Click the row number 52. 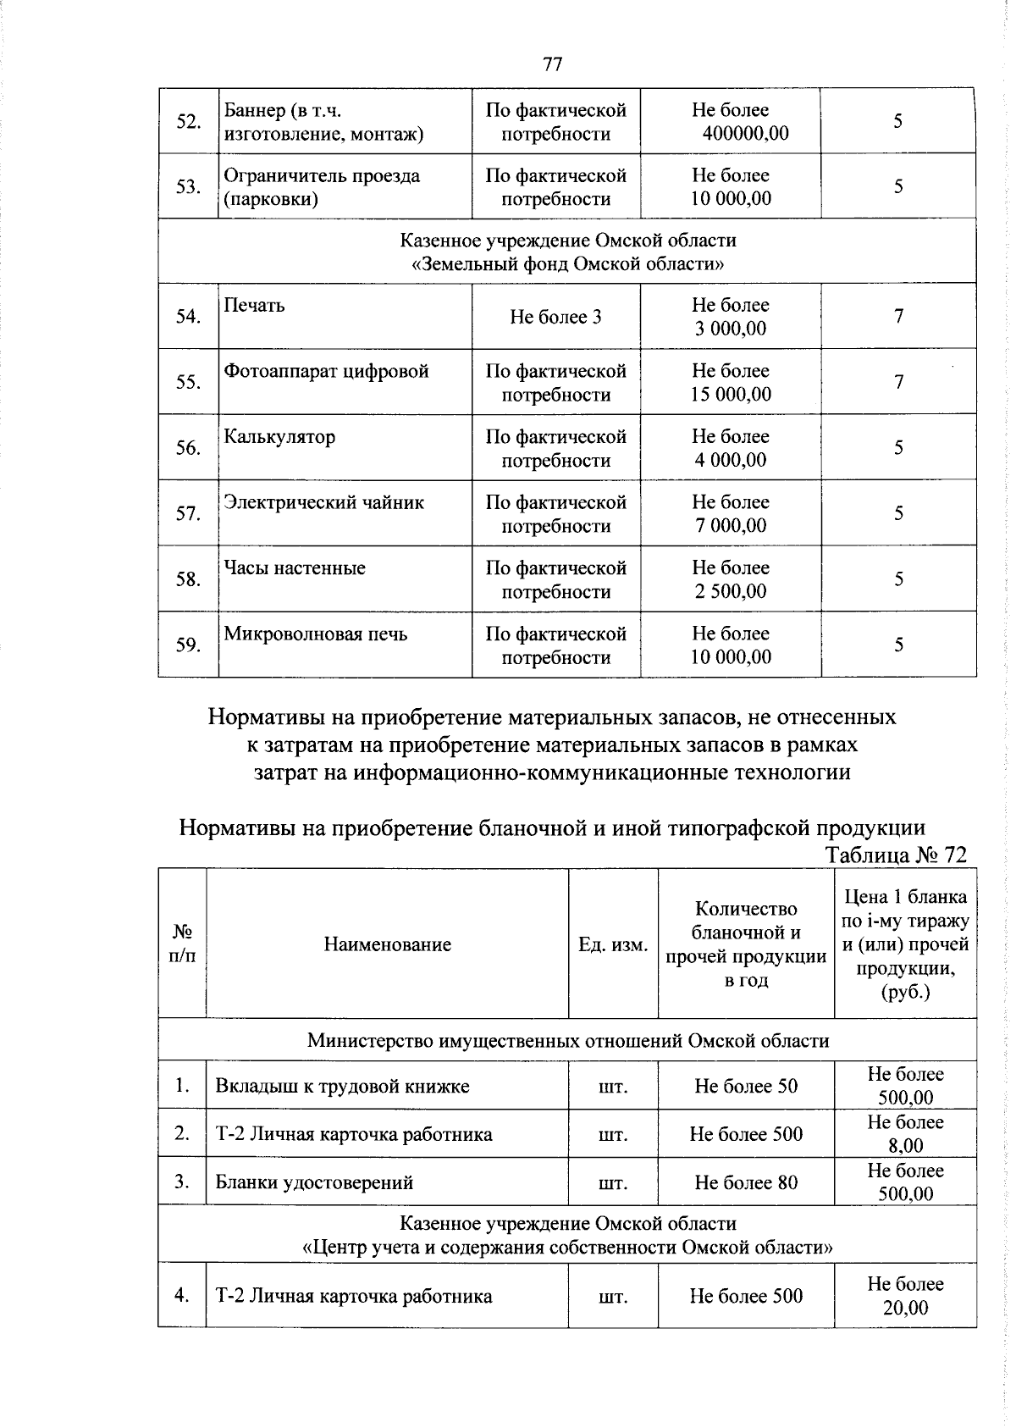188,122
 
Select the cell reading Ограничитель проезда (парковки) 322,187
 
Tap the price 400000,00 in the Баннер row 744,134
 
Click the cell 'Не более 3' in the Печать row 555,318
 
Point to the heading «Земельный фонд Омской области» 567,264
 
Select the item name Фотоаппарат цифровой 326,372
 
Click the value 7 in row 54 898,317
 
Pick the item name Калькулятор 279,437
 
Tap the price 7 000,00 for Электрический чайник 731,526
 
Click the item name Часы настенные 295,568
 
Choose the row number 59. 188,645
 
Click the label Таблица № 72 895,855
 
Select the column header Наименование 387,944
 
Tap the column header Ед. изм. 613,944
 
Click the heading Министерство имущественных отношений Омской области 567,1041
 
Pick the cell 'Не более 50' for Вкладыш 745,1087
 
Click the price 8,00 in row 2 905,1146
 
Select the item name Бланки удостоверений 314,1182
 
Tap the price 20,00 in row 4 905,1308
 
